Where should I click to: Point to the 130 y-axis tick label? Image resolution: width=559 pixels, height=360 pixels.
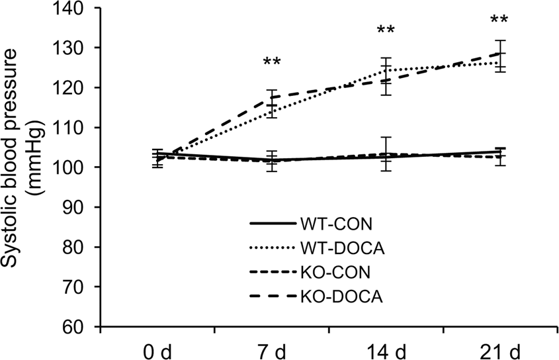click(77, 48)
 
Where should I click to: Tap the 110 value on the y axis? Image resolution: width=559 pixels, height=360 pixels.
click(77, 128)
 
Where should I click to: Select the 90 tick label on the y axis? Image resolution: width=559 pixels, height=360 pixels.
click(81, 207)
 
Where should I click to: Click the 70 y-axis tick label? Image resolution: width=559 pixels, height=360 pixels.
click(81, 287)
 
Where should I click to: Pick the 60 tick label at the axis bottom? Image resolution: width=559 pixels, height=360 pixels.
click(81, 327)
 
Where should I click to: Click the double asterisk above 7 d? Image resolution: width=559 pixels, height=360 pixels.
click(272, 63)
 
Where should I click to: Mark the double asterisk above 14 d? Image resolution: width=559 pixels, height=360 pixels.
click(386, 31)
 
